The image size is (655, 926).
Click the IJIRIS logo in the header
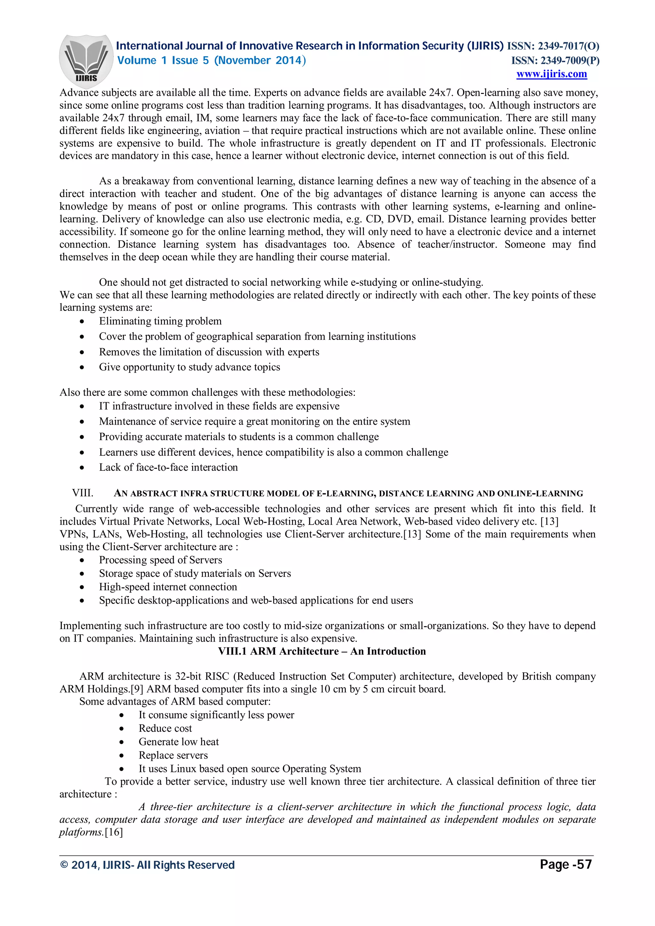coord(86,60)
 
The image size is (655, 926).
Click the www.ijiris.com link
coord(551,74)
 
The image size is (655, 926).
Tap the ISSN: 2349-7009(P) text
coord(555,60)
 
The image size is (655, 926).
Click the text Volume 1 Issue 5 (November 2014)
coord(211,60)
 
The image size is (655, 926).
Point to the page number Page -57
coord(565,864)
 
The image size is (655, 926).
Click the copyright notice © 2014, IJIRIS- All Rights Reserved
coord(147,865)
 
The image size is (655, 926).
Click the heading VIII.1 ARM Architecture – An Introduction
coord(322,651)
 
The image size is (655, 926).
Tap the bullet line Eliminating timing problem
coord(160,321)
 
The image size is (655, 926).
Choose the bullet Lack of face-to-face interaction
coord(168,467)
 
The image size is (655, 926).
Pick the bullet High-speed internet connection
coord(168,587)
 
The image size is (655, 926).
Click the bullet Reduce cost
coord(165,728)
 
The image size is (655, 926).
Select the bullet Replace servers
coord(173,755)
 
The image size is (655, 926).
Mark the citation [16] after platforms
coord(114,832)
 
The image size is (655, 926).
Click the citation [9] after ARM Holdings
coord(137,689)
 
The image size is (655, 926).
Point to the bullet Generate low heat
coord(178,742)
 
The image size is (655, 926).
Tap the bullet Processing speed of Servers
coord(160,560)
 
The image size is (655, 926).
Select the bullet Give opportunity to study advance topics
coord(189,367)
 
